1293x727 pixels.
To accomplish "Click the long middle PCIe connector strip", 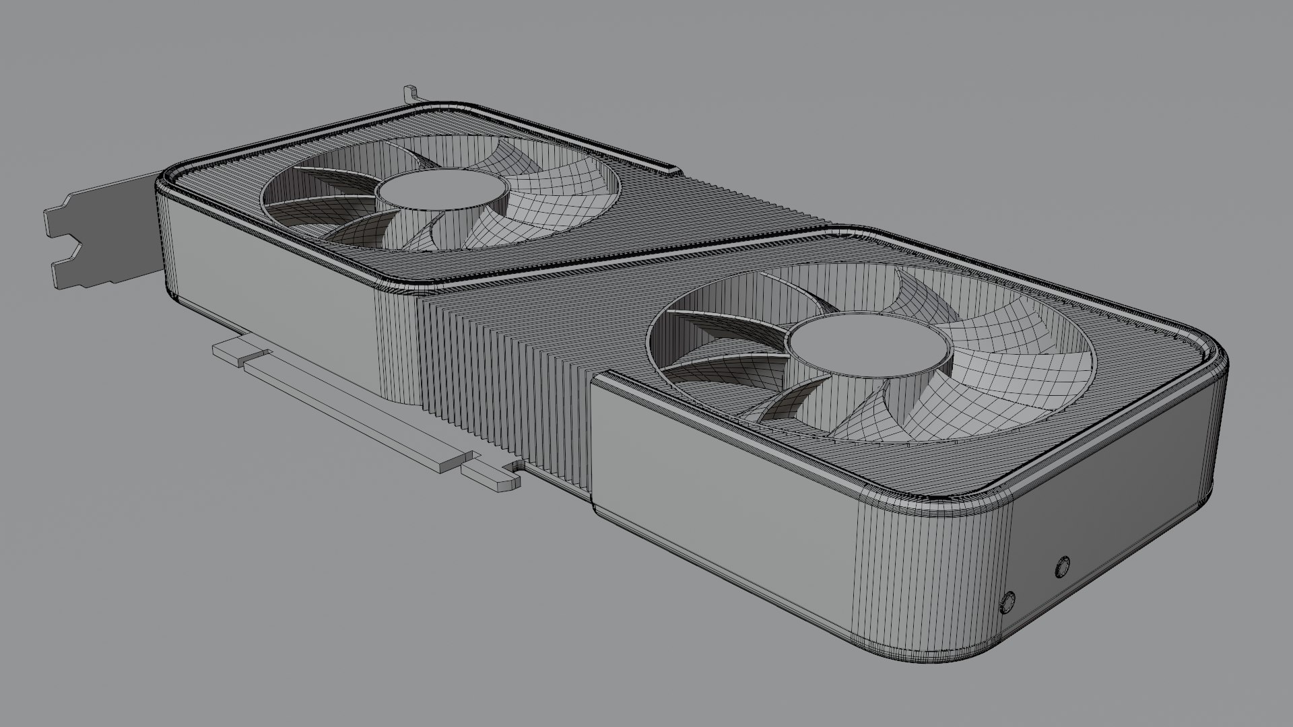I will [x=350, y=411].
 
